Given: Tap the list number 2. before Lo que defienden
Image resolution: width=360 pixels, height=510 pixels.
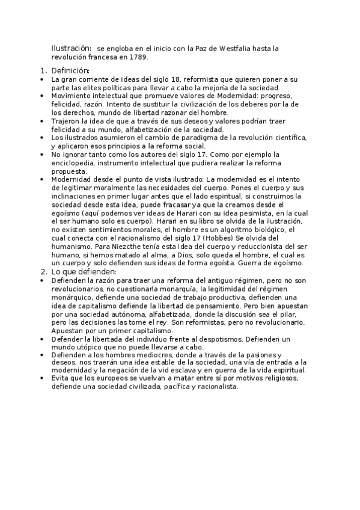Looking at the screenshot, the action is tap(43, 272).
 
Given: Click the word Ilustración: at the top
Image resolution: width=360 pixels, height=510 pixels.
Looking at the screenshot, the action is tap(71, 48).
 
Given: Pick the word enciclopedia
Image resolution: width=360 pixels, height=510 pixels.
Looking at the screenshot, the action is tap(75, 163).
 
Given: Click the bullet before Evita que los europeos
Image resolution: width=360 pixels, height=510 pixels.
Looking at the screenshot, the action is tap(41, 379).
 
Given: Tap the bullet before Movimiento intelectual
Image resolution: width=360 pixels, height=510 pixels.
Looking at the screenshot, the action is tap(41, 96).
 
